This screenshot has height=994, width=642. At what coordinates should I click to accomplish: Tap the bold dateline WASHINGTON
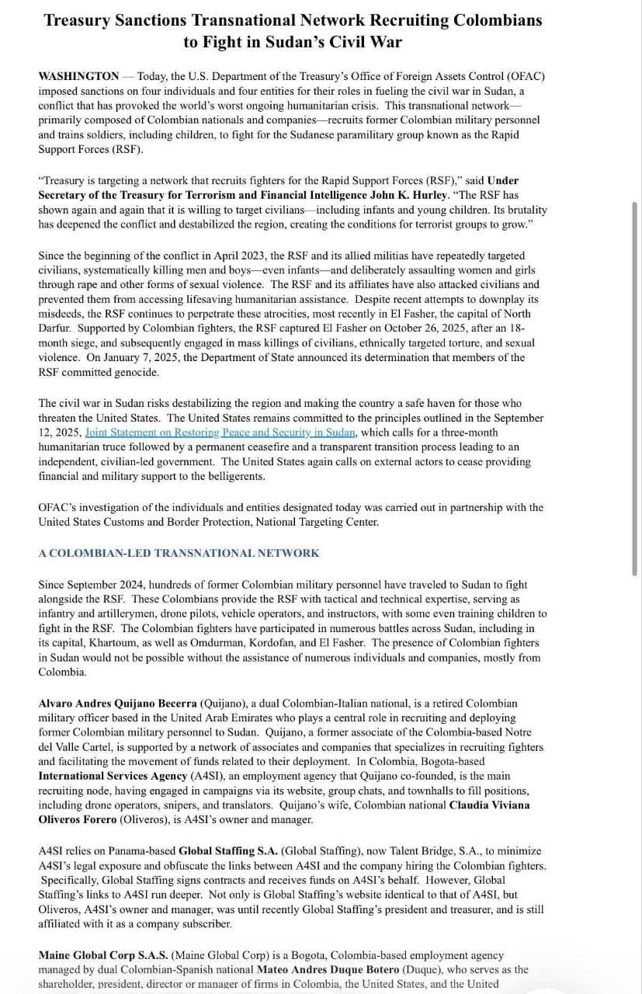click(78, 76)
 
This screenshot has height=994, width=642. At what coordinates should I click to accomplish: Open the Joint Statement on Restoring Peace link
click(220, 433)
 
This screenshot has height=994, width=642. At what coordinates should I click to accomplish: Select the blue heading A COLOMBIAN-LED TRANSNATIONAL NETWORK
click(179, 553)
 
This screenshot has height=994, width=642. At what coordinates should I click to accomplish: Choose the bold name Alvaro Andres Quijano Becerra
click(118, 704)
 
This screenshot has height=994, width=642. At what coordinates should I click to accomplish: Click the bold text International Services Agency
click(113, 776)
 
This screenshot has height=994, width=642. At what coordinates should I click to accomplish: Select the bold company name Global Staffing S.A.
click(228, 851)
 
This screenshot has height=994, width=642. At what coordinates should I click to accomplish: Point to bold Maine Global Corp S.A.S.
click(103, 955)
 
